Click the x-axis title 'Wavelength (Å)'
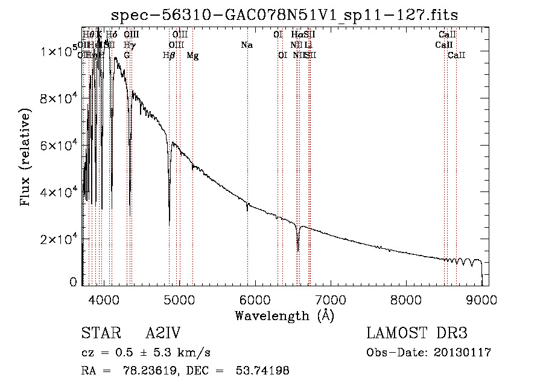click(x=284, y=315)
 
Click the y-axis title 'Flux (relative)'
click(x=25, y=158)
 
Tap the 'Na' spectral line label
click(x=246, y=45)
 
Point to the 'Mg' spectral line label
click(x=192, y=55)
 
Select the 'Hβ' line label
click(x=170, y=55)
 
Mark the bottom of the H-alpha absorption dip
click(x=298, y=250)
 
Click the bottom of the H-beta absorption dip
click(x=169, y=225)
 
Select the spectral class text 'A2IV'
click(x=163, y=333)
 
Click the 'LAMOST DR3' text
click(x=417, y=333)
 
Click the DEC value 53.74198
click(x=264, y=371)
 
